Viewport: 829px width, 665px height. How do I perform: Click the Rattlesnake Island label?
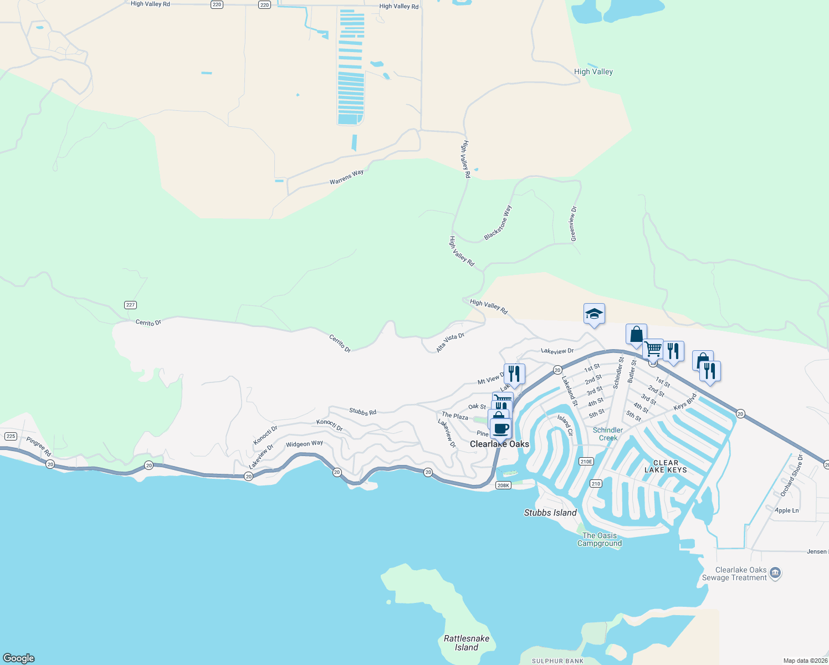point(467,643)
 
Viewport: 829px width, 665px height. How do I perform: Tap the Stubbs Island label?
point(550,513)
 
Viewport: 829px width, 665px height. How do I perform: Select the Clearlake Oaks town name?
point(499,444)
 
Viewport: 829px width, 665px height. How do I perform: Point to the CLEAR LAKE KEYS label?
point(666,466)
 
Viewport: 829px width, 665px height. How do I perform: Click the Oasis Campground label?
point(600,539)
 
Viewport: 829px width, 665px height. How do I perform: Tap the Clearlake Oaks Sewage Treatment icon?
point(775,573)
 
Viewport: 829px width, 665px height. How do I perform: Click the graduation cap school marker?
point(594,314)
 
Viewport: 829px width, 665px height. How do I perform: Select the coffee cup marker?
point(501,428)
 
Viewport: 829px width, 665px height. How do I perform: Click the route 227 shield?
point(130,305)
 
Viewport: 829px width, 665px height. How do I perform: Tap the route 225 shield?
point(11,436)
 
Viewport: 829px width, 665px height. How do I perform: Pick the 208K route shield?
point(503,485)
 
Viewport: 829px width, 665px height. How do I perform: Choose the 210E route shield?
point(586,461)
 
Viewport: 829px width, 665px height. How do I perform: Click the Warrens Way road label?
point(346,177)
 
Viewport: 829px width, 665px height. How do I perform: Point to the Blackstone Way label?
point(498,223)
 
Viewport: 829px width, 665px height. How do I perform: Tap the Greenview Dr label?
point(574,223)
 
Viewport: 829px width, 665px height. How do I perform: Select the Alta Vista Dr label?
point(450,343)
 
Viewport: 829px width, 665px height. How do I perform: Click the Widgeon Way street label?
point(304,444)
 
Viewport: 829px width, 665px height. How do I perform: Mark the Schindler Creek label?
point(608,434)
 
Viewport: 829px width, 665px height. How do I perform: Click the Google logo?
point(19,658)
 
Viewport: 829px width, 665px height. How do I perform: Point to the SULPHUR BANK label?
point(557,661)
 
